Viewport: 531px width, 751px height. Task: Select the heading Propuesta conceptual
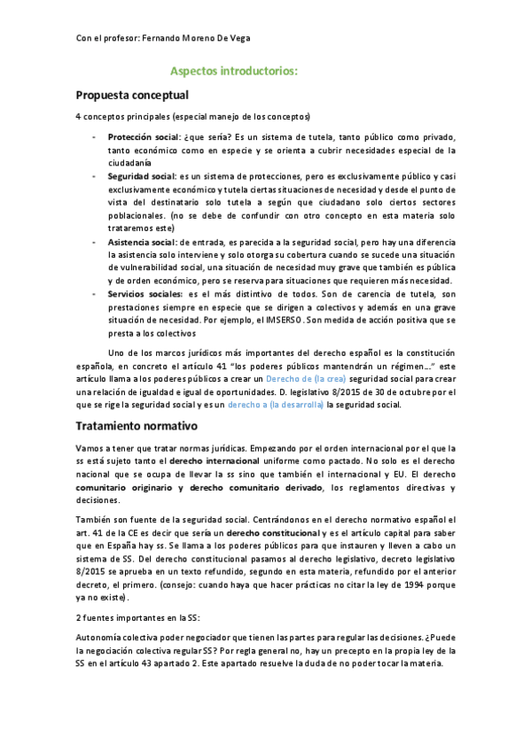133,95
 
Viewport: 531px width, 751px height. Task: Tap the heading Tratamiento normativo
136,425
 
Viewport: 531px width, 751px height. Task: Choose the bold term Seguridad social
141,177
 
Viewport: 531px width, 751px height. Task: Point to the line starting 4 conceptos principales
193,118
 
